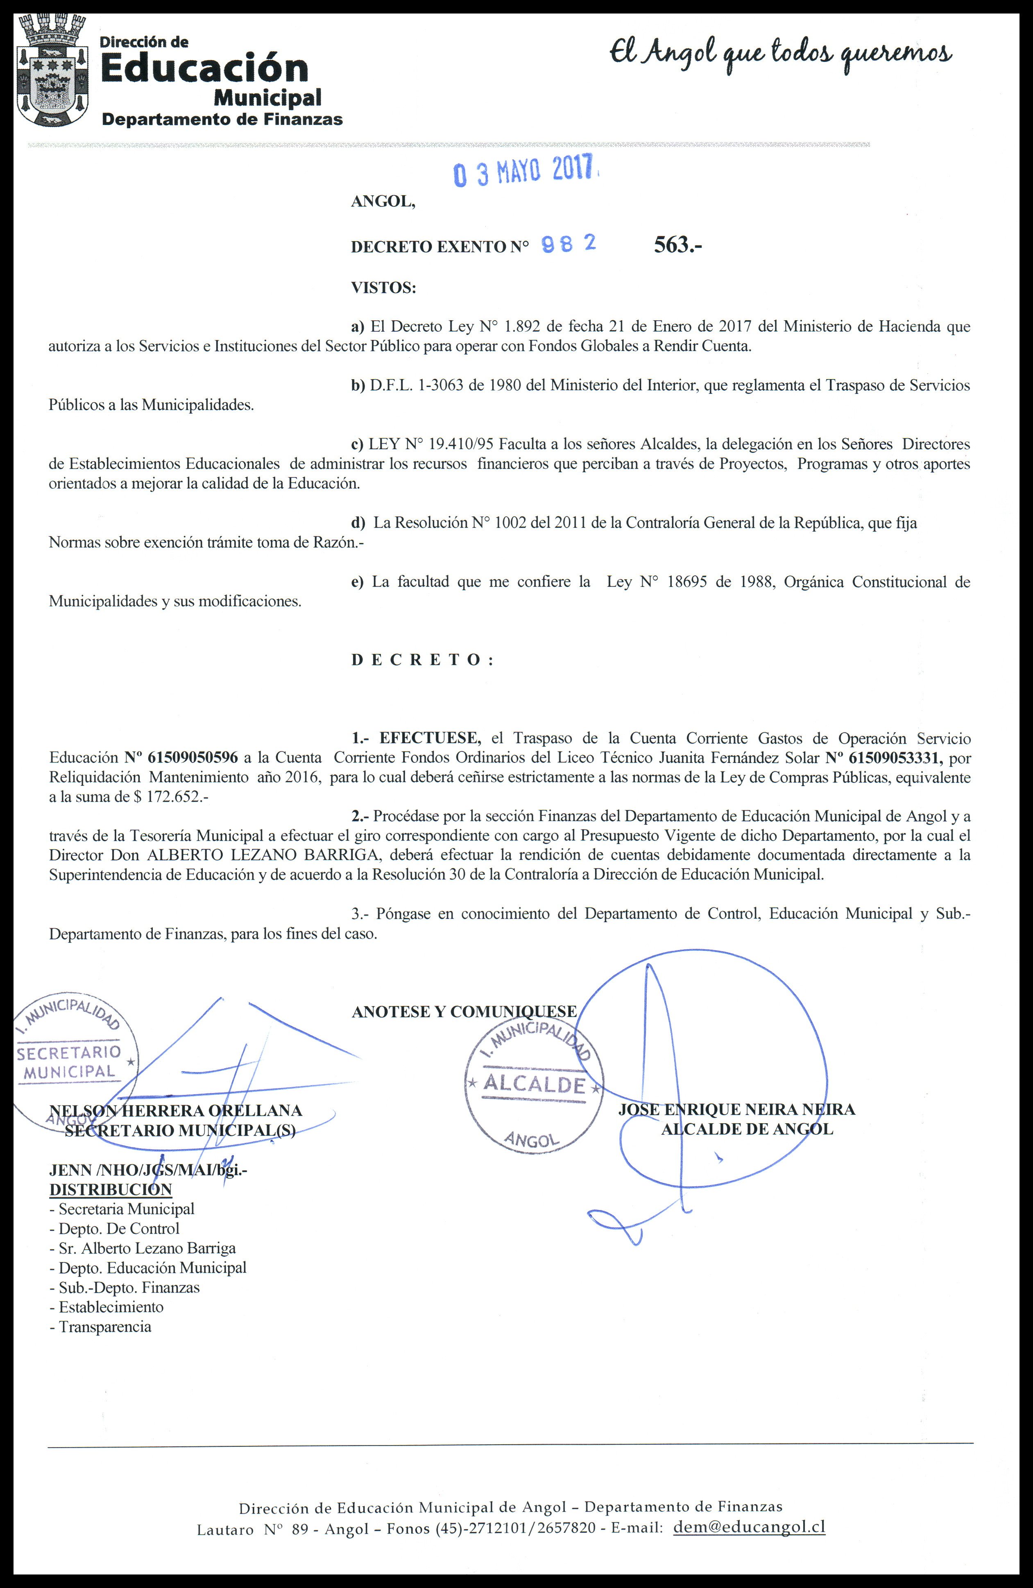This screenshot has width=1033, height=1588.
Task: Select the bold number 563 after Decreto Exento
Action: (x=677, y=246)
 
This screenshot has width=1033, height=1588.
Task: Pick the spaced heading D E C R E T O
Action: (x=422, y=660)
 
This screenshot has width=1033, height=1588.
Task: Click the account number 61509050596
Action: (x=192, y=758)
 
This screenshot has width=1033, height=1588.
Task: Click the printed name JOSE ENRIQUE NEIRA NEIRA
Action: (x=737, y=1110)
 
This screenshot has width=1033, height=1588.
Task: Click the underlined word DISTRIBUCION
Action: (x=111, y=1190)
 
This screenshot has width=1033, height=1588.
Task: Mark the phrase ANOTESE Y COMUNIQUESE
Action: (x=464, y=1011)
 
